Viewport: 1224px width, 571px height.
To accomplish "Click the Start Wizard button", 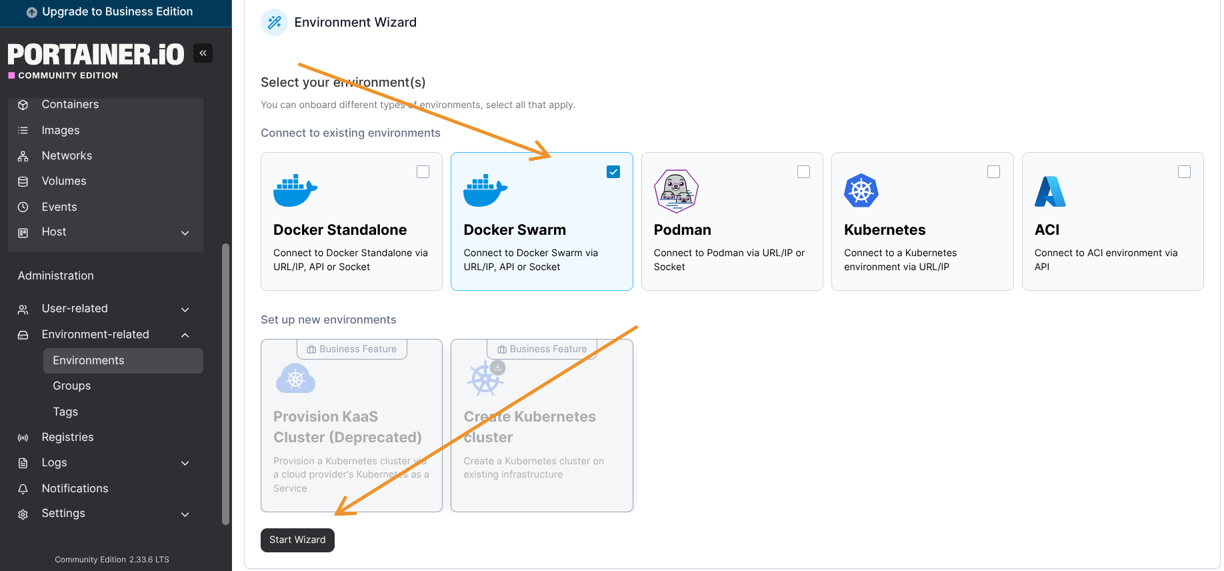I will click(297, 540).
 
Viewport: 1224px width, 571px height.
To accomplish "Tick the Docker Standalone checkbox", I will click(423, 172).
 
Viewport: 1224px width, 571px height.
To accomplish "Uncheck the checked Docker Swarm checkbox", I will click(613, 172).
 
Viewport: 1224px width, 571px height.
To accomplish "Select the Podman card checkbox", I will click(803, 172).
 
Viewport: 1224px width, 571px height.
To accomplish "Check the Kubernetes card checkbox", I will click(993, 172).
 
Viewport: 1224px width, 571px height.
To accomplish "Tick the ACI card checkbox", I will click(1184, 172).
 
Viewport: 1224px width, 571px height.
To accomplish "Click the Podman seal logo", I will click(676, 191).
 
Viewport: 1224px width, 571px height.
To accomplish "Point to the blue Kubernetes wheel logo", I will click(861, 191).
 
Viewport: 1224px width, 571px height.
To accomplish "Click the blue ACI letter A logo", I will click(1050, 191).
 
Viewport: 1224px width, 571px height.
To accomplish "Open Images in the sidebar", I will click(61, 130).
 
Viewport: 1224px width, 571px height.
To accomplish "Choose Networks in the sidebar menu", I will click(67, 155).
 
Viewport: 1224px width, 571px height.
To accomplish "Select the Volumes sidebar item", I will click(64, 181).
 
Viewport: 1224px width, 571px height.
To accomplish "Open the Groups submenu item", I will click(72, 386).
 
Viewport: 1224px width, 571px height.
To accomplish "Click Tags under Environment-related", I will click(65, 412).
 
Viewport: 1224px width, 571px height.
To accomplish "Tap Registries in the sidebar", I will click(67, 437).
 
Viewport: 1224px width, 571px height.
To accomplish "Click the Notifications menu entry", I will click(75, 488).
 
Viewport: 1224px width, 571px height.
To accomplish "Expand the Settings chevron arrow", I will click(185, 514).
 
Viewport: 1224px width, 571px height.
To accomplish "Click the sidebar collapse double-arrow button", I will click(203, 53).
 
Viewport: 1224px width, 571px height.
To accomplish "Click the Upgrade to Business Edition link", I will click(117, 12).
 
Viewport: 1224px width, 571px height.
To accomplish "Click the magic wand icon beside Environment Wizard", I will click(274, 23).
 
